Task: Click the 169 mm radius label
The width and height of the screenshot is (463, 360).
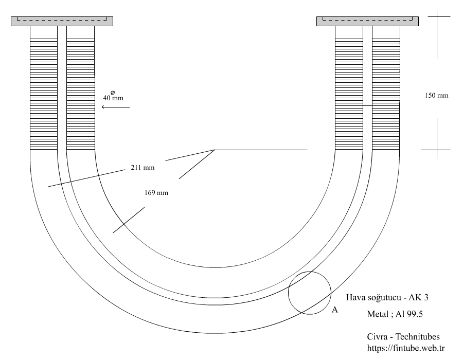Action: tap(157, 193)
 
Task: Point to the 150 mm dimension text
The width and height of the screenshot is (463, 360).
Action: tap(437, 95)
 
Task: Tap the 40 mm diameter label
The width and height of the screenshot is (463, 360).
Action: tap(113, 97)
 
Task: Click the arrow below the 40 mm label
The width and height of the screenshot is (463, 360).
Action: tap(116, 107)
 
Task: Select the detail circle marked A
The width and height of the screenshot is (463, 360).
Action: tap(309, 293)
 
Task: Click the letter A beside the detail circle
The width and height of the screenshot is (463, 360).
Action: tap(334, 310)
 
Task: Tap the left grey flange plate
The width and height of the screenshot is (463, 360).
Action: tap(62, 21)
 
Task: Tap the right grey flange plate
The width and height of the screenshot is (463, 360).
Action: tap(367, 21)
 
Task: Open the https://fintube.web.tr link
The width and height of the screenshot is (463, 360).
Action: tap(405, 348)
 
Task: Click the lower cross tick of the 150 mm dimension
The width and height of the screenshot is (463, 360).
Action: tap(436, 150)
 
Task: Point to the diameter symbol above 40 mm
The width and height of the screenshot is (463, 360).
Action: tap(113, 92)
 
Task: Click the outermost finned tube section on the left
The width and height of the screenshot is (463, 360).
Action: tap(44, 87)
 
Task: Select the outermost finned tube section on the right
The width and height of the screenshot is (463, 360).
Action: tap(386, 87)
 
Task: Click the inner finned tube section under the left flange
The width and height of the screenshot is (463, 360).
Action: tap(81, 87)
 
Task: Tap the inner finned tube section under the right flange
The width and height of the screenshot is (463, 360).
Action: tap(349, 87)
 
